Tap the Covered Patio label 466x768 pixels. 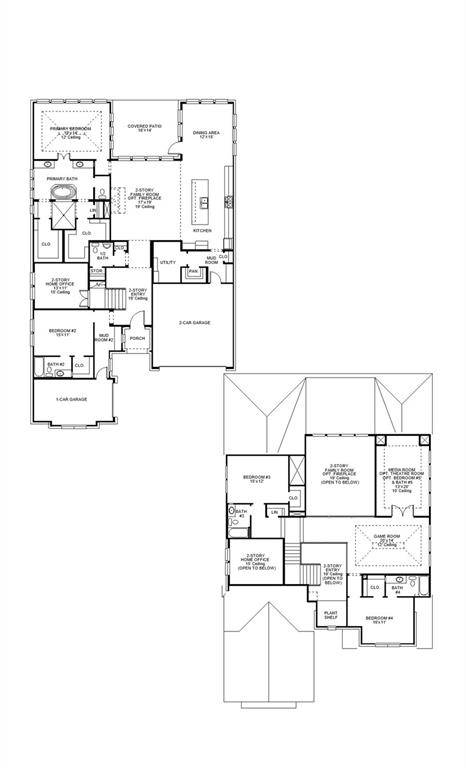click(145, 128)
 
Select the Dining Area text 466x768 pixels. click(207, 134)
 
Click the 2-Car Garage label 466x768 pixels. click(194, 323)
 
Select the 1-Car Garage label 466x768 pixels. click(71, 399)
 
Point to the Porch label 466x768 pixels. click(137, 338)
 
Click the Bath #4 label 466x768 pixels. click(397, 589)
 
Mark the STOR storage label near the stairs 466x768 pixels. click(97, 271)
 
